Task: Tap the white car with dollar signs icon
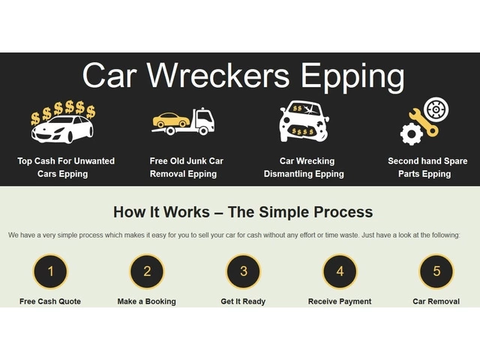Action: (x=63, y=122)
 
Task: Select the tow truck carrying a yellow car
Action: (x=184, y=121)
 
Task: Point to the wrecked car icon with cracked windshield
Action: (x=304, y=121)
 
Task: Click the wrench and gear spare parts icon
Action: (x=424, y=121)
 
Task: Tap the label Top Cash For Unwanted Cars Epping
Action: (x=66, y=167)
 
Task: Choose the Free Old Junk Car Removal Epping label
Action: (x=186, y=167)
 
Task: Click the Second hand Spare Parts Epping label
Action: (x=427, y=167)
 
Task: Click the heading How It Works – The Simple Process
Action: (x=243, y=211)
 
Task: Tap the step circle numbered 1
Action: (x=50, y=271)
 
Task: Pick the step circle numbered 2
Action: (x=147, y=271)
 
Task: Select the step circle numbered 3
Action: (x=244, y=271)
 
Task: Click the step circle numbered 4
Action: (x=340, y=271)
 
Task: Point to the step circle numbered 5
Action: (x=436, y=271)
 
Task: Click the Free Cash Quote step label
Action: (x=50, y=301)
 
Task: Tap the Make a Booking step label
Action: (x=147, y=301)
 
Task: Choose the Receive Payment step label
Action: (x=340, y=301)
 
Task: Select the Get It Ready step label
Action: (x=243, y=301)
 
